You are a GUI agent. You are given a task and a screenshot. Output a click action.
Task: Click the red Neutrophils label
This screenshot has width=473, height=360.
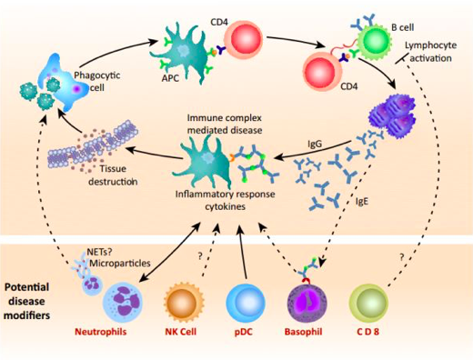click(101, 332)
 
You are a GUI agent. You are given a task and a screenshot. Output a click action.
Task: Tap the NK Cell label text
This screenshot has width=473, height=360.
click(181, 332)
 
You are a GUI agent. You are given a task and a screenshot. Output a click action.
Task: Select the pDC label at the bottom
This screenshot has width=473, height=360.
click(244, 332)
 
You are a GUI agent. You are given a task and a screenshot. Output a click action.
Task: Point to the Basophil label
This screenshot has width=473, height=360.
click(303, 332)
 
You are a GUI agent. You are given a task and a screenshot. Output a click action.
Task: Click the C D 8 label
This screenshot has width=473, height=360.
click(367, 332)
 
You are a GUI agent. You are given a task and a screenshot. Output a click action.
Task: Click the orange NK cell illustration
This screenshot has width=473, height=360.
click(184, 302)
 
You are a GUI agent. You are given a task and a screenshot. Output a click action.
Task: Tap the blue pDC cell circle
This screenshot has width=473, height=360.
click(246, 303)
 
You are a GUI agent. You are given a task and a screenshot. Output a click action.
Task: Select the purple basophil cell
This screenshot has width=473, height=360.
click(307, 303)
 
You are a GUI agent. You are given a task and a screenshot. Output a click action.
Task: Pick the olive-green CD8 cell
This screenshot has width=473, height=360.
click(368, 303)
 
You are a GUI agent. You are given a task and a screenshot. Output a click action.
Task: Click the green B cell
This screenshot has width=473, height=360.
click(373, 41)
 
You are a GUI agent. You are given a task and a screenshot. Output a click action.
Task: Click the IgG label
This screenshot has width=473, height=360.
click(315, 144)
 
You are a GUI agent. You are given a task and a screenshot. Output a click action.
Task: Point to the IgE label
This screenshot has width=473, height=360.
click(362, 201)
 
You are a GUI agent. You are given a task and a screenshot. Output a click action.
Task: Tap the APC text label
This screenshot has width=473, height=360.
click(170, 78)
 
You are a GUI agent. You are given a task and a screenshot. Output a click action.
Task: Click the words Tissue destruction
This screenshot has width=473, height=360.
click(113, 175)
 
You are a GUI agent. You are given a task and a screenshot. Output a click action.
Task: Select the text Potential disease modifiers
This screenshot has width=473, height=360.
click(26, 301)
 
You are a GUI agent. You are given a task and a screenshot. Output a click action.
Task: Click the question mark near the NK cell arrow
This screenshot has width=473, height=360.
click(200, 256)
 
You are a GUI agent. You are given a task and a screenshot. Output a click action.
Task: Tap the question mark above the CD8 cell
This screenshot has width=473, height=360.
click(402, 257)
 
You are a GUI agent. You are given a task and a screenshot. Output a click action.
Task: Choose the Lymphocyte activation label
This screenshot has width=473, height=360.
click(431, 52)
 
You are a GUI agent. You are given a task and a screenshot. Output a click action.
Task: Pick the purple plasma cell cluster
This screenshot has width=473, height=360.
click(392, 116)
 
